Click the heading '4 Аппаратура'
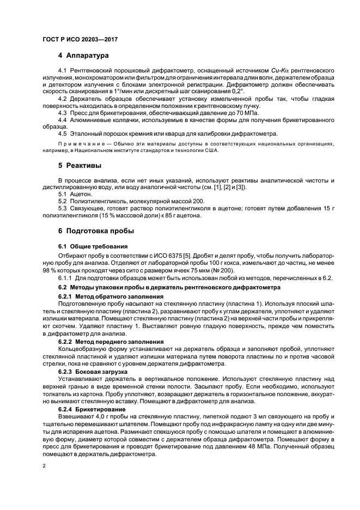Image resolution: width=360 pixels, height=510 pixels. point(83,56)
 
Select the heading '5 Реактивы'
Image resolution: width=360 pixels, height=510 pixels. point(80,165)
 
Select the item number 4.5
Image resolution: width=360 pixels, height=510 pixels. point(63,133)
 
